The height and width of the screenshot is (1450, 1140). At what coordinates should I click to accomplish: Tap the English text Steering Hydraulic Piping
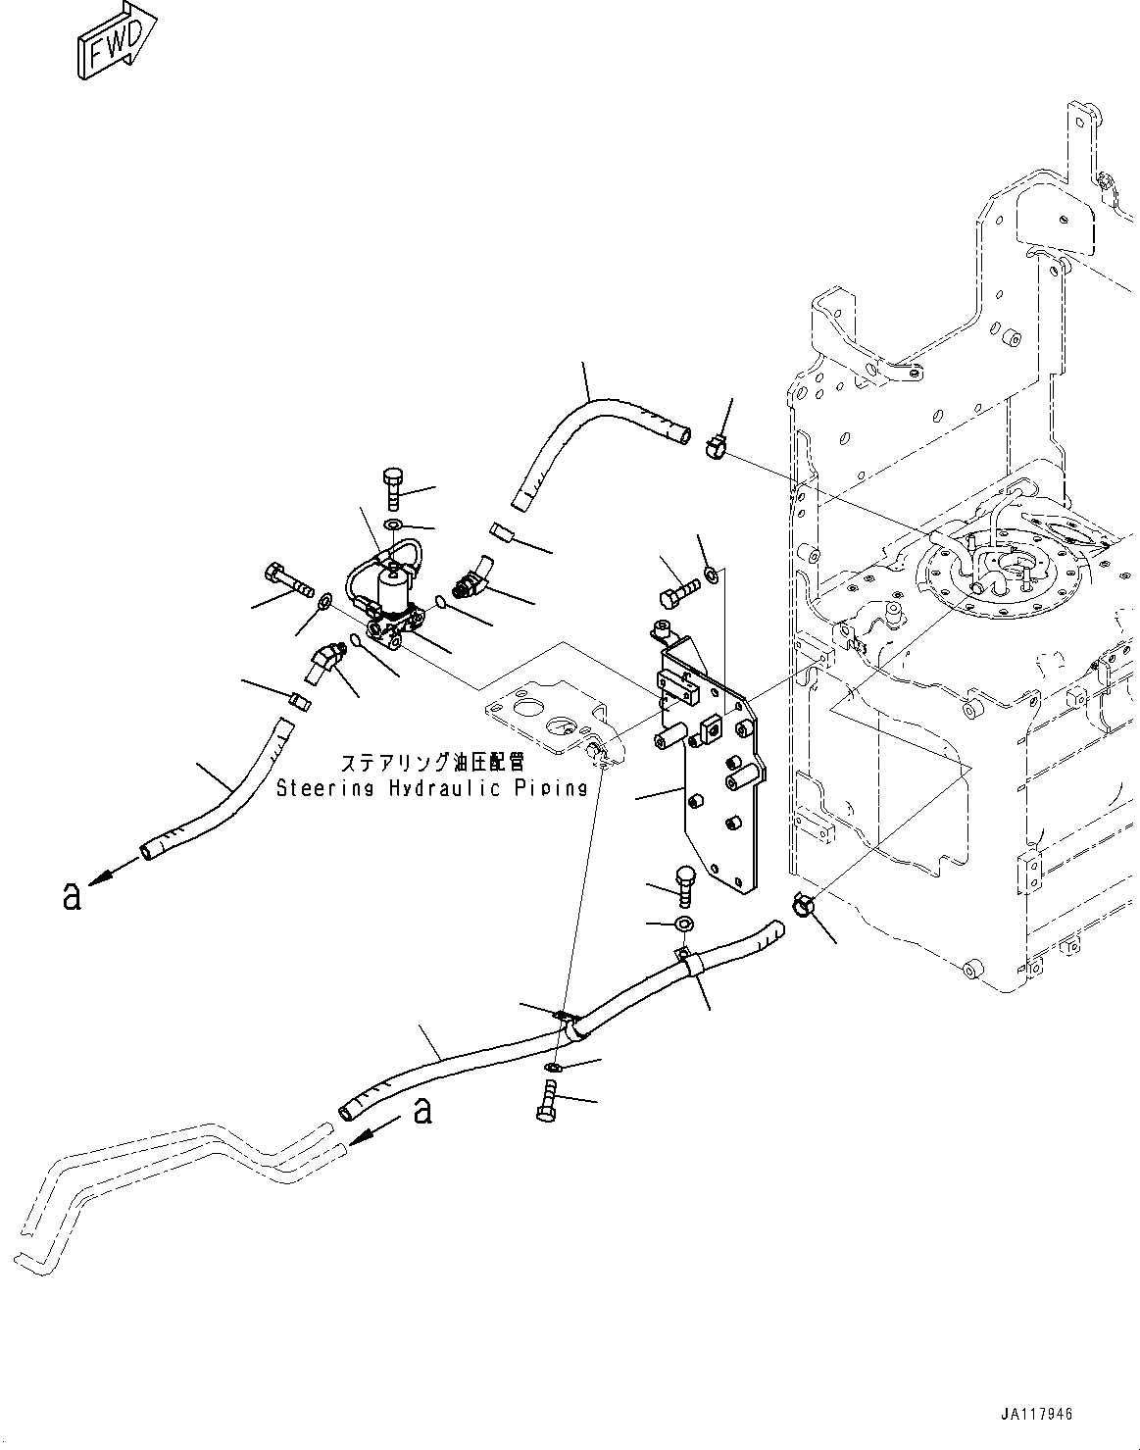pyautogui.click(x=431, y=787)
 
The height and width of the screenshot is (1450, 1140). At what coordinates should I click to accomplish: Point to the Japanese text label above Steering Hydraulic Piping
pyautogui.click(x=431, y=763)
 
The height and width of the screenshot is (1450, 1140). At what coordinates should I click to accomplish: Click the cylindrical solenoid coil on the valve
pyautogui.click(x=396, y=590)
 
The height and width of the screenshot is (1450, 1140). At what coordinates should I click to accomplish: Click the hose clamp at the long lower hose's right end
pyautogui.click(x=803, y=905)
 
